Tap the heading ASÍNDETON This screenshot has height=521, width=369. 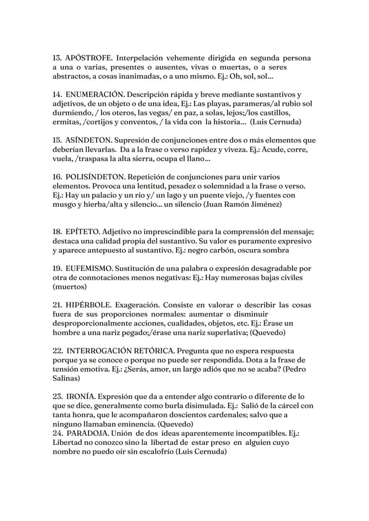tap(88, 140)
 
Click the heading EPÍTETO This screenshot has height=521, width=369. tap(82, 232)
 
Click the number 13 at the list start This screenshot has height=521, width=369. tap(57, 58)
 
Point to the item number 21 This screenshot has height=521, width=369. tap(57, 305)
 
